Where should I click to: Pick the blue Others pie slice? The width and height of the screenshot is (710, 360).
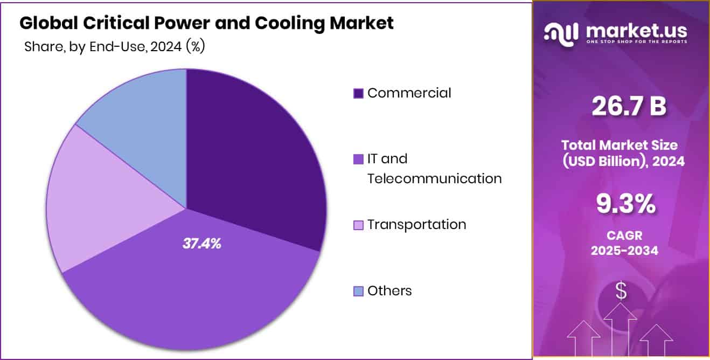[140, 113]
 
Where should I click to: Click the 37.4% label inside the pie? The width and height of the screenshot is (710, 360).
[202, 244]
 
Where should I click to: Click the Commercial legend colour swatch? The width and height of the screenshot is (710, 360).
[358, 93]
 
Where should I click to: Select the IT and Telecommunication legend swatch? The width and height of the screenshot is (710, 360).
[358, 160]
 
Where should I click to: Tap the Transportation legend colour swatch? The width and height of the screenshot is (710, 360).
[358, 225]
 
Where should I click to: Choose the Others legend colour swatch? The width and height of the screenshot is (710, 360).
[358, 292]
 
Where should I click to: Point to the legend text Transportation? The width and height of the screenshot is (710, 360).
[416, 225]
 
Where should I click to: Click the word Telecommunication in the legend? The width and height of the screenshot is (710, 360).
[434, 178]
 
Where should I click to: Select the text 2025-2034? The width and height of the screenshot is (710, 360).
[624, 251]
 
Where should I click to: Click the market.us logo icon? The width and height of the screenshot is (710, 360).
[561, 34]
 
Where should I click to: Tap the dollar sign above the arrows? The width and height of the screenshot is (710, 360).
[621, 292]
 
